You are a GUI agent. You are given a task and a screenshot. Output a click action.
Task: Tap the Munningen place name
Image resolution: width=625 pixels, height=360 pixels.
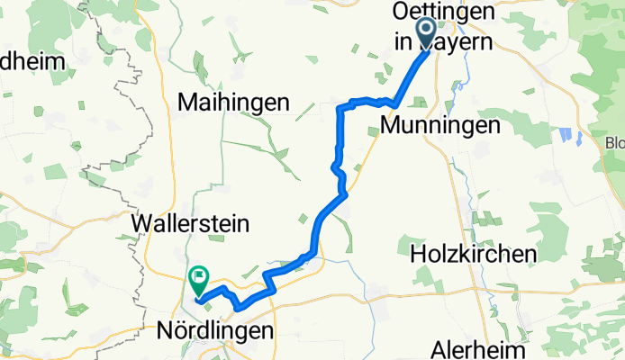coord(440,126)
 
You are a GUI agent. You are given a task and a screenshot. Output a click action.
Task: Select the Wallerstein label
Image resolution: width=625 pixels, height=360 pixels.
coord(190,222)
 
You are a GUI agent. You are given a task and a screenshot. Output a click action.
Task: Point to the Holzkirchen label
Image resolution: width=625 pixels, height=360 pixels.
coord(473,255)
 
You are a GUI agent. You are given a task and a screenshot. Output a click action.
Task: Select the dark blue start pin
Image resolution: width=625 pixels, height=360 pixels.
coord(428,34)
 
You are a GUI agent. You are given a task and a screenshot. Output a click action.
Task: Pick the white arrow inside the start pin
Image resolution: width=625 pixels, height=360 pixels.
coord(428,31)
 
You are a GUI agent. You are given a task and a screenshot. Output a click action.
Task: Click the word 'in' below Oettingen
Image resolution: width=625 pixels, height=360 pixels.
coord(402,40)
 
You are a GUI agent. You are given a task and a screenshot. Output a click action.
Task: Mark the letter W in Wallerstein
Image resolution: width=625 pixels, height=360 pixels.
coord(143,222)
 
